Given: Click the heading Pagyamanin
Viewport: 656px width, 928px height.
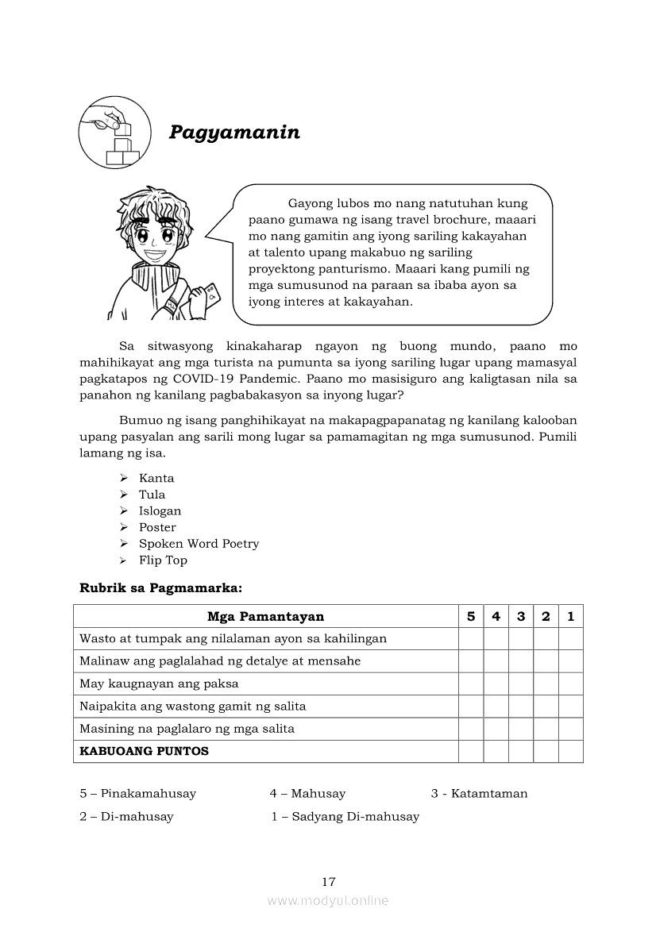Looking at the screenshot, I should [x=234, y=133].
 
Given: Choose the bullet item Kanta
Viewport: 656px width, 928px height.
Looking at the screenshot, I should [x=156, y=478].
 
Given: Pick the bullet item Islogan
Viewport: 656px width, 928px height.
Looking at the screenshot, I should [x=160, y=511].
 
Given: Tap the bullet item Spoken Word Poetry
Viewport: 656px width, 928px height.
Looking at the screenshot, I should [x=199, y=544].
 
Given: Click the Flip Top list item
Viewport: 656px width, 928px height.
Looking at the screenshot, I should [x=163, y=560].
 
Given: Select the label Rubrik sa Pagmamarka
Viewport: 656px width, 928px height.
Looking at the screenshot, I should [x=160, y=588].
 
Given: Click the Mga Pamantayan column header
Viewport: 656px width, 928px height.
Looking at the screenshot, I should [x=265, y=616].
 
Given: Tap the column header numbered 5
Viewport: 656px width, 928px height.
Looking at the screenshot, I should [x=471, y=616].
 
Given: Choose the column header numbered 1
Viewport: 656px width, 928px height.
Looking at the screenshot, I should [x=570, y=616].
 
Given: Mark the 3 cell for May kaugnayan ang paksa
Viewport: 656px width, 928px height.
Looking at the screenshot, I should [x=521, y=683].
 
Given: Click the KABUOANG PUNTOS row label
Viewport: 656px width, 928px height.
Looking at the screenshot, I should [x=144, y=751].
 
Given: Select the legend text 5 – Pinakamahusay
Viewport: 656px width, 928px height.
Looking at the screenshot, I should [x=137, y=793].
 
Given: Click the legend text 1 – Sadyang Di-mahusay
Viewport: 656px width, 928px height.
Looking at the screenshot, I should [x=345, y=816].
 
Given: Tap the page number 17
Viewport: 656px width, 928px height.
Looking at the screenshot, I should [x=329, y=881].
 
